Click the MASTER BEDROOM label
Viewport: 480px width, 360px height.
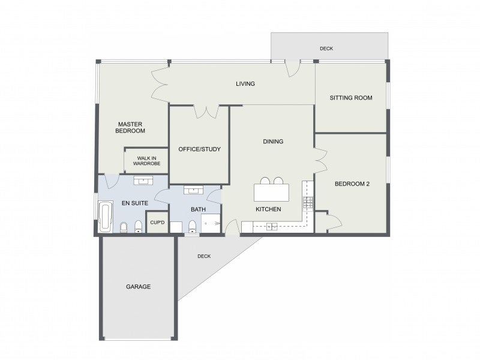point(131,127)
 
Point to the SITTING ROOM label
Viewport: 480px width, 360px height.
point(352,98)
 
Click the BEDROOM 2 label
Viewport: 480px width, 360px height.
point(352,184)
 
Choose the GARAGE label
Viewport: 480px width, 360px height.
point(138,287)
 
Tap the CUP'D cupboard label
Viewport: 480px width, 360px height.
point(157,223)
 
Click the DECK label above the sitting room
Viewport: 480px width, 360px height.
point(326,49)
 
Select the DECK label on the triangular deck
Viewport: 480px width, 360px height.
point(204,256)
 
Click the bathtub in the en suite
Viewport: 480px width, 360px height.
point(105,217)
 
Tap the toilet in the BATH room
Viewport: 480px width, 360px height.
point(192,226)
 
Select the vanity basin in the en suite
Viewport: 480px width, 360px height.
point(144,181)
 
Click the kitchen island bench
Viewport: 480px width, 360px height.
point(272,193)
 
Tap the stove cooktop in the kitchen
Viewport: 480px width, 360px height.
point(308,203)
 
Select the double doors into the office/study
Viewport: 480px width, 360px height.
point(206,110)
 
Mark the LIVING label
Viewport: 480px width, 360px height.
point(245,83)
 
